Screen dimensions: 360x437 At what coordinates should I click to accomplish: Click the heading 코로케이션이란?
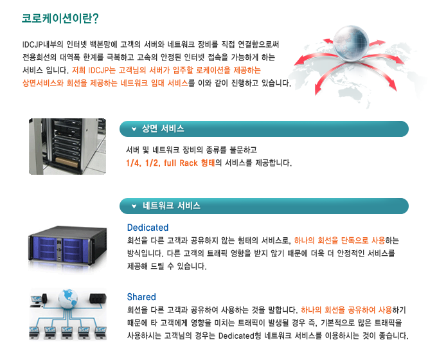coord(60,18)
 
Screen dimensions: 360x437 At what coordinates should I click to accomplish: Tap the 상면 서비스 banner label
coord(163,129)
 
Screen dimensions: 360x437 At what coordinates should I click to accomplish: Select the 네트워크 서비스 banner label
coord(172,206)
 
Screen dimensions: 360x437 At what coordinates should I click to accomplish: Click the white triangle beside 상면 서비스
coord(134,129)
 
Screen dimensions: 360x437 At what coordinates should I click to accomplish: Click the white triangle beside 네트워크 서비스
coord(134,206)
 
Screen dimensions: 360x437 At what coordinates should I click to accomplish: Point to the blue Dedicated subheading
coord(148,228)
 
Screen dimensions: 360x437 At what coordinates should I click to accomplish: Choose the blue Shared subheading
coord(141,297)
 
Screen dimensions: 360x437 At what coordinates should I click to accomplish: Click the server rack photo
coord(67,146)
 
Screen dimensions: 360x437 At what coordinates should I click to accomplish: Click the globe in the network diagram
coord(66,297)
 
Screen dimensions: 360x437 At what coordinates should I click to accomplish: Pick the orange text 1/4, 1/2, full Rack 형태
coord(170,163)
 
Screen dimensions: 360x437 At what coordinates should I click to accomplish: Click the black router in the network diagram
coord(97,298)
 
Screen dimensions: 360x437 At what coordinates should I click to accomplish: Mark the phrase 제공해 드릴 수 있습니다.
coord(166,266)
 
